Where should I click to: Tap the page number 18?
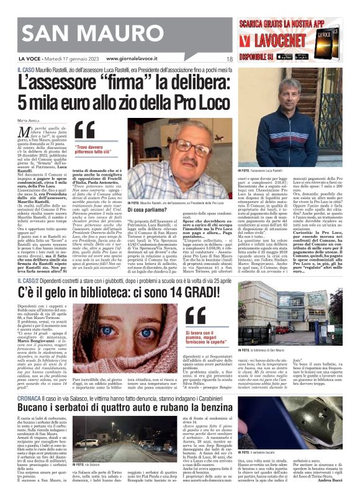(x=229, y=59)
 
